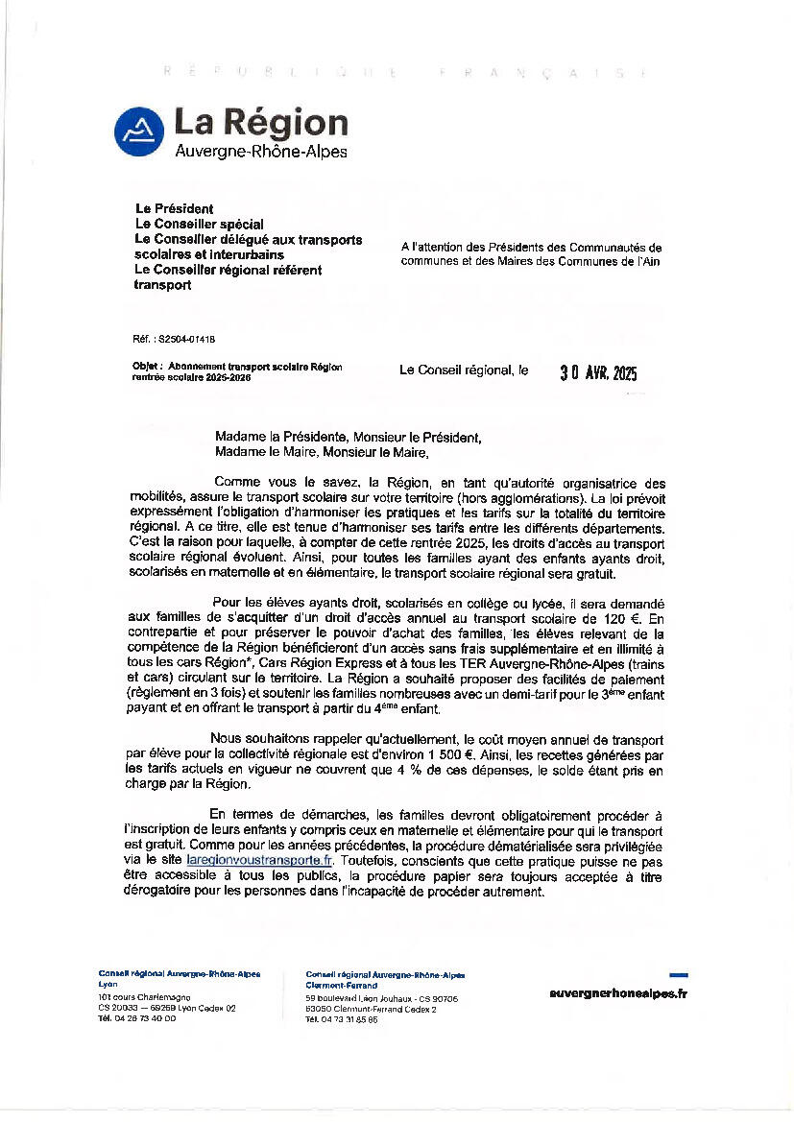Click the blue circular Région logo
[x=139, y=131]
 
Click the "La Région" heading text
[x=260, y=123]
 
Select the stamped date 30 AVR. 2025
[x=598, y=373]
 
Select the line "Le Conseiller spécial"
[x=199, y=224]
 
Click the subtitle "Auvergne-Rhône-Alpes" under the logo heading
[x=260, y=152]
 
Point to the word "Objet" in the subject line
[x=147, y=367]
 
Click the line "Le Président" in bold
[x=174, y=208]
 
